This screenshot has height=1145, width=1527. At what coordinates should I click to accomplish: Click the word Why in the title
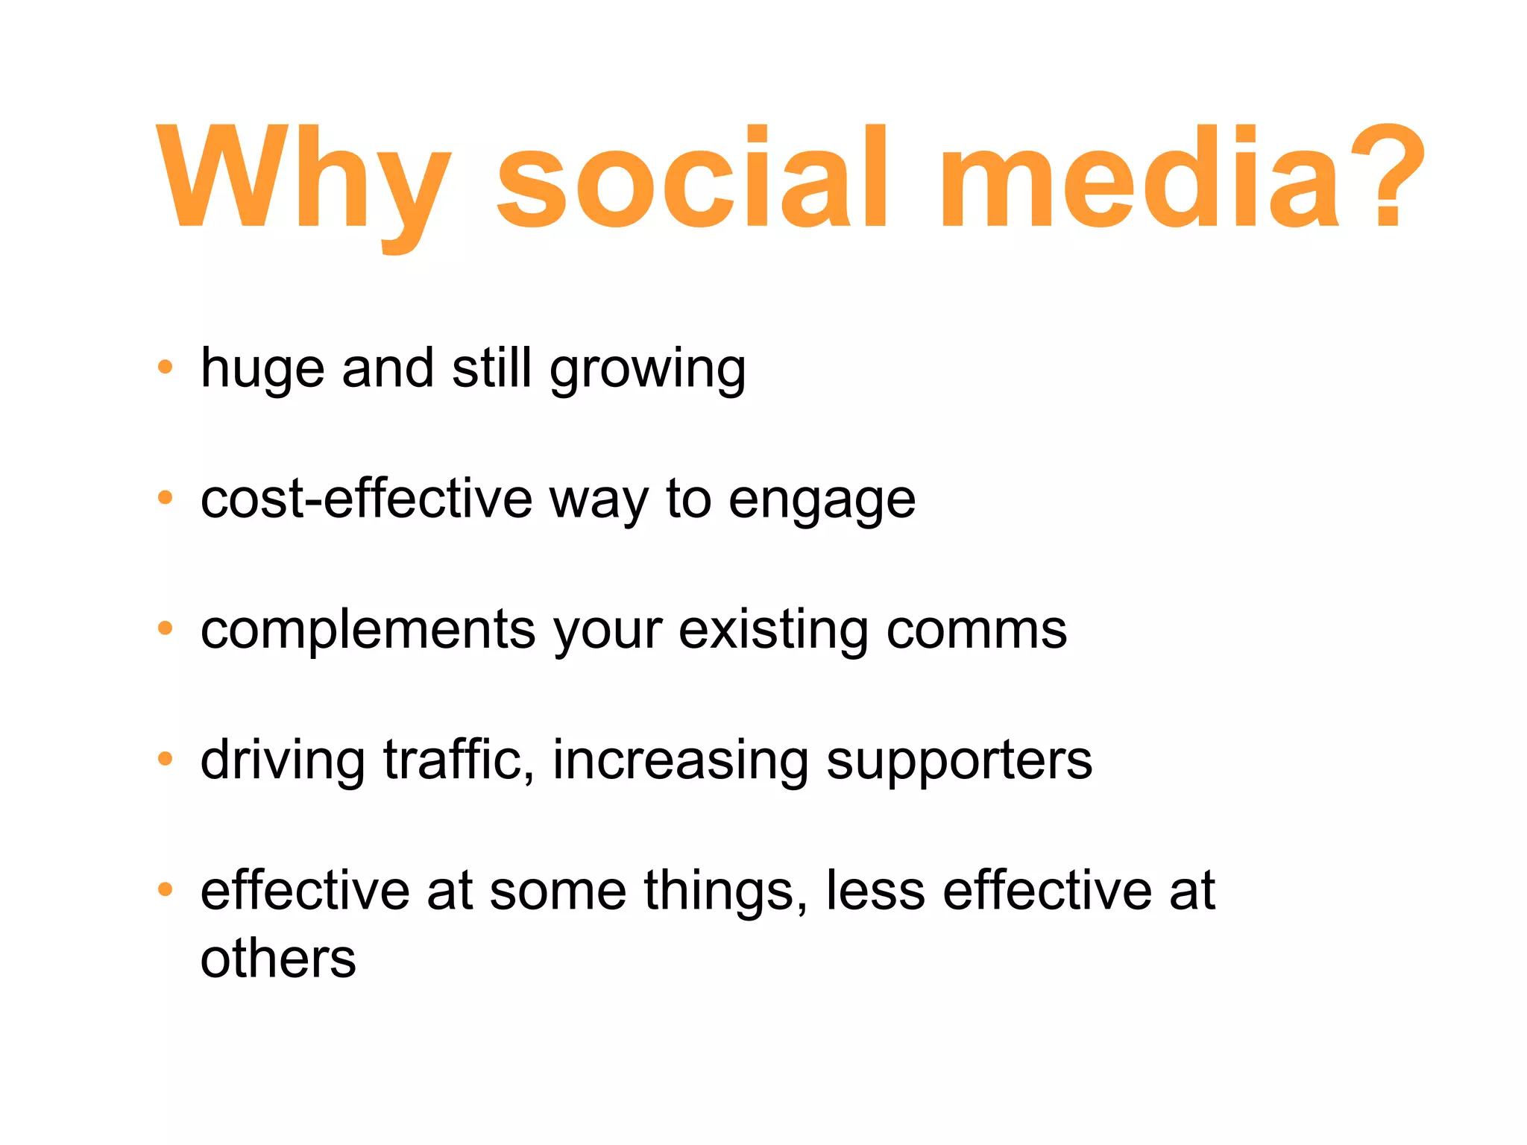tap(302, 179)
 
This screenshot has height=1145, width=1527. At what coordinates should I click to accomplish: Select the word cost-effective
tap(366, 499)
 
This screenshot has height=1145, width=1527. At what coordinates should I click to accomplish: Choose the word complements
tap(368, 631)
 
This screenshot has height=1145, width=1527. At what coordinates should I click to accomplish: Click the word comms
tap(976, 630)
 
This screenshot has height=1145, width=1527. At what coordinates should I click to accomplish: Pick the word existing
tap(773, 631)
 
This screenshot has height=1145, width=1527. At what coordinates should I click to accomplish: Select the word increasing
tap(680, 760)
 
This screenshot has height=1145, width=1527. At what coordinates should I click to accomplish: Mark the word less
tap(875, 890)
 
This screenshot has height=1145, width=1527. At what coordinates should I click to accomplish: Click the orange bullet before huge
tap(166, 367)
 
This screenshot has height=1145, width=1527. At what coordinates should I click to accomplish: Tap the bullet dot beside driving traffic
tap(166, 759)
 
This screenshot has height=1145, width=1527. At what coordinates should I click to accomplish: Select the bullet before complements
tap(166, 628)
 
